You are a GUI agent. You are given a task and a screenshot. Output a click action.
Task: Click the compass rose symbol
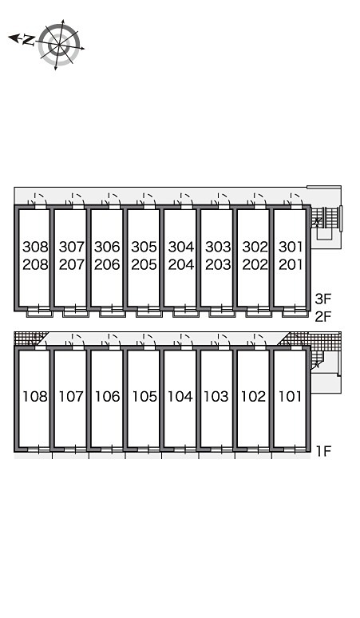pos(59,45)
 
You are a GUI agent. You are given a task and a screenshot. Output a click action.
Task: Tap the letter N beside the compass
pos(29,40)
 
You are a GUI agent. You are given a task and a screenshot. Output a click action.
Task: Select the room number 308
pos(35,248)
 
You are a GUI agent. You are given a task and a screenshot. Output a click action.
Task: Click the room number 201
pos(291,264)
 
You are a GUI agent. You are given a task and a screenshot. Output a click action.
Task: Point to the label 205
pos(144,264)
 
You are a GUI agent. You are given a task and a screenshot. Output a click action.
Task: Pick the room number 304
pos(181,248)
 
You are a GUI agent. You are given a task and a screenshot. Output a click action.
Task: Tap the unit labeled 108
pos(35,397)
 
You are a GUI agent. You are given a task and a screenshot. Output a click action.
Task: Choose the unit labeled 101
pos(291,397)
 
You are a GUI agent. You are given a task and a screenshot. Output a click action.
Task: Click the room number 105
pos(144,397)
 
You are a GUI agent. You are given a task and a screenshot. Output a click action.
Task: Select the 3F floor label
pos(323,299)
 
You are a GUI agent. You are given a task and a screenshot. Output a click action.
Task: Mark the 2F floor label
pos(323,316)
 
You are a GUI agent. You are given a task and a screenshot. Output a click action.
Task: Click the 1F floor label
pos(323,451)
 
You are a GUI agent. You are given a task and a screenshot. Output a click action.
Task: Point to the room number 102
pos(254,397)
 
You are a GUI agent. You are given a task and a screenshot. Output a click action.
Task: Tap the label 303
pos(218,248)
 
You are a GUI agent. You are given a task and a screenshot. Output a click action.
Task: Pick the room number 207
pos(72,264)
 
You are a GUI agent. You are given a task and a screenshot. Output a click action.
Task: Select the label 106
pos(108,397)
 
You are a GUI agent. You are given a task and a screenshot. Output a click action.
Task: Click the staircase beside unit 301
pos(326,217)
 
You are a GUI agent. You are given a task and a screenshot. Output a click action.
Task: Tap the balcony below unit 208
pos(39,314)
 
